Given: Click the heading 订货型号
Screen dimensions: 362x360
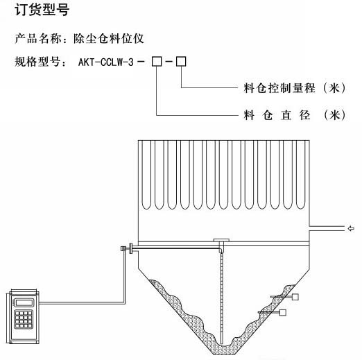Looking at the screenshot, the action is [42, 10].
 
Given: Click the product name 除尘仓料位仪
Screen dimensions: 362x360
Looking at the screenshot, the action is [109, 38].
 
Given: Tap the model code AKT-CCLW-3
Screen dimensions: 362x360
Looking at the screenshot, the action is [106, 62].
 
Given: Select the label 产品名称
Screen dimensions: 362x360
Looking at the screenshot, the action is [38, 38].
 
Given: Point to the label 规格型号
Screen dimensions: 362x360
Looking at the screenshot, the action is [37, 62].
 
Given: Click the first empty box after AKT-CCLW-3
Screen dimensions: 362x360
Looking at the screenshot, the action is [157, 62].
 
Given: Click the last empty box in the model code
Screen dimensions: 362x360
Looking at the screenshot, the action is [181, 62].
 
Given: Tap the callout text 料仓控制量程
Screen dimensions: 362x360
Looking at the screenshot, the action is [279, 88].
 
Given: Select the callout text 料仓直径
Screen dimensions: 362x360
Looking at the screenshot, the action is [277, 115].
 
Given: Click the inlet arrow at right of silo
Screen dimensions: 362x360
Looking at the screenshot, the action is [351, 229].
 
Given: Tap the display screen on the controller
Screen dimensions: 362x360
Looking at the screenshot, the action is [24, 302].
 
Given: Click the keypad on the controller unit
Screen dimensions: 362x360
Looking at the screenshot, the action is [24, 320].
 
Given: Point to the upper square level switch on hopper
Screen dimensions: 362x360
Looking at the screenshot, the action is [295, 297].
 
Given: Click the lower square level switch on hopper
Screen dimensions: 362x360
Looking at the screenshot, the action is [283, 313].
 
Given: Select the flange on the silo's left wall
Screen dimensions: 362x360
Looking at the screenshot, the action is [131, 248].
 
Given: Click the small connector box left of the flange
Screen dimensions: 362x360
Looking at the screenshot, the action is [123, 248].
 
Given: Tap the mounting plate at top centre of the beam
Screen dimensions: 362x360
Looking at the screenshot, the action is [221, 240].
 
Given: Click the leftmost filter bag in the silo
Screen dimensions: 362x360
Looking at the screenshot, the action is [146, 175].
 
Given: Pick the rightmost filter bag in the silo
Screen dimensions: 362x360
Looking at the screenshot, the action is [300, 175].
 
